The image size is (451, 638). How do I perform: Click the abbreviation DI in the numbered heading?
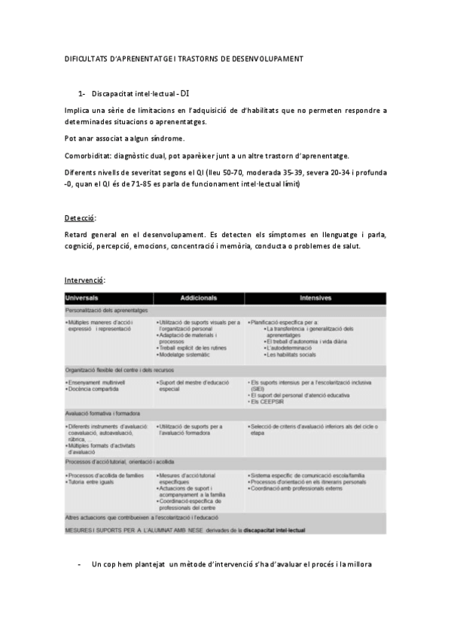[x=185, y=94]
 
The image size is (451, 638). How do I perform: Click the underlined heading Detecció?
[x=80, y=218]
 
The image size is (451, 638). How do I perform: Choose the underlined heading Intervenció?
[x=84, y=280]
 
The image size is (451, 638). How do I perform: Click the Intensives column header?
[x=316, y=298]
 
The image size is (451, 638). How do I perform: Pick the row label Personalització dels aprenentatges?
[x=106, y=310]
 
